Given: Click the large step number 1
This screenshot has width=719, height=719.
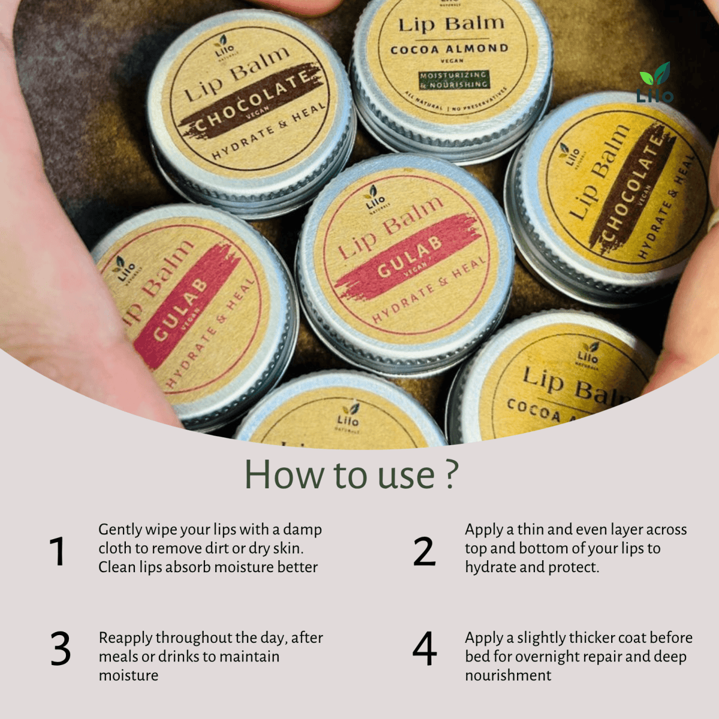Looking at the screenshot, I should coord(58,551).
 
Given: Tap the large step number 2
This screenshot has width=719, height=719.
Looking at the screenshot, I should coord(424,551).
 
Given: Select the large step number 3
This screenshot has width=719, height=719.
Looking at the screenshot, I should coord(61,649).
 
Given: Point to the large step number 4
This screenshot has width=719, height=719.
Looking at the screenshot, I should coord(424,649).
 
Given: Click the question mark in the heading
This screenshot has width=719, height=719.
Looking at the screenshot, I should coord(452,475).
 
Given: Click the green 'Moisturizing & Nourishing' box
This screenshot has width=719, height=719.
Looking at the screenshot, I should coord(454,80).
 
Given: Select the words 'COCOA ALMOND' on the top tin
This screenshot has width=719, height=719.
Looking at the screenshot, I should coord(449,49).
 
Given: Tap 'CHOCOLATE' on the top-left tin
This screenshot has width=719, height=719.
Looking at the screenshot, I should coord(252,102).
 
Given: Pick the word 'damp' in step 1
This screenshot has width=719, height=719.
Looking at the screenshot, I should coord(303,530).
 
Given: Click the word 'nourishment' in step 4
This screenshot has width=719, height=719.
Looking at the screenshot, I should coord(508,675).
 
